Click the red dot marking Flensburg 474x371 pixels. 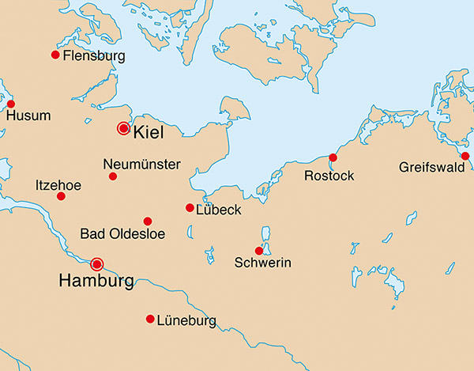coord(55,55)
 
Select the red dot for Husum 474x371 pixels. coord(10,104)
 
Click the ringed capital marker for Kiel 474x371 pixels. coord(123,128)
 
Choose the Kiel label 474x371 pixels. coord(149,133)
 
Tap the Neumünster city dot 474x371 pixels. coord(113,176)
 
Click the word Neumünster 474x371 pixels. coord(142,165)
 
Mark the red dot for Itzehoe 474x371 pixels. coord(62,195)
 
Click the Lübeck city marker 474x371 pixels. coord(190,208)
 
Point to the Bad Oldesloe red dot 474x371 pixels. coord(147,221)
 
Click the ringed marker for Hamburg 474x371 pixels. coord(97,263)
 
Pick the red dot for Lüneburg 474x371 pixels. coord(150,319)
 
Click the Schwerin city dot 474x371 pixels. coord(259,251)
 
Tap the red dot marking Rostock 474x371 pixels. coord(333,157)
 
